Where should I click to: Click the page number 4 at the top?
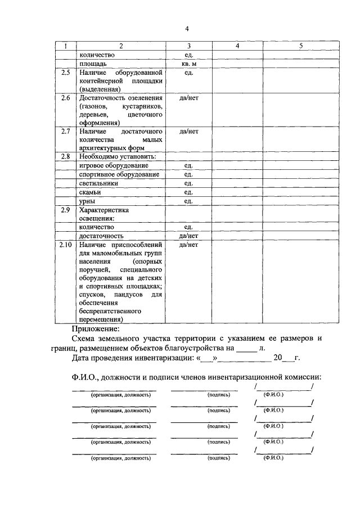click(187, 29)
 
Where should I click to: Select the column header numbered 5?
click(301, 46)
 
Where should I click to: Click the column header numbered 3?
click(189, 46)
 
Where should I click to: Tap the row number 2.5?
click(66, 73)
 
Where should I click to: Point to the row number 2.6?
click(66, 98)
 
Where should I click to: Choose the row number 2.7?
click(66, 131)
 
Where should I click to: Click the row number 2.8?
click(66, 156)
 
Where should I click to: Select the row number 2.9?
click(66, 210)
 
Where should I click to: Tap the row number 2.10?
click(66, 245)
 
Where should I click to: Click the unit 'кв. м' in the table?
click(189, 64)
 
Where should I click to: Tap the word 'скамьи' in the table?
click(91, 192)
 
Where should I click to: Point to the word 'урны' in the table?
click(87, 201)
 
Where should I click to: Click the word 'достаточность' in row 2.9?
click(101, 236)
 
